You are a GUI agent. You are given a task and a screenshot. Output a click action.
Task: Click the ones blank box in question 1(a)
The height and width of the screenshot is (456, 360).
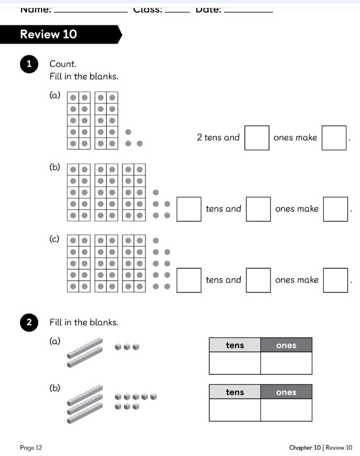click(x=257, y=137)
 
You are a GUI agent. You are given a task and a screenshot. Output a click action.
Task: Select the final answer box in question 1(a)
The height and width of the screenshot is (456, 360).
click(x=334, y=137)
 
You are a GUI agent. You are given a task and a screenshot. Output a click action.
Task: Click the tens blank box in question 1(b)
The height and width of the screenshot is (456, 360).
click(x=189, y=209)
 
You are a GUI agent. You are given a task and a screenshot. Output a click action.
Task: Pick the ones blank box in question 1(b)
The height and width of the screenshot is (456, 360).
click(x=258, y=209)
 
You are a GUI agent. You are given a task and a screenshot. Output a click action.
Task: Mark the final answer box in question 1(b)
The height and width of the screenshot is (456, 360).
click(x=336, y=209)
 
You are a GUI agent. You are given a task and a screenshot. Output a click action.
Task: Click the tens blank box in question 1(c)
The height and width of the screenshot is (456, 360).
click(x=189, y=280)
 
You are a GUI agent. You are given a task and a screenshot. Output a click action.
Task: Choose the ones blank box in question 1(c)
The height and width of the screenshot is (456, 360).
click(x=258, y=280)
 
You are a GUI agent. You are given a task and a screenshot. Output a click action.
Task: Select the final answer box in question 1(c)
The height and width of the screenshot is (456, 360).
click(x=336, y=280)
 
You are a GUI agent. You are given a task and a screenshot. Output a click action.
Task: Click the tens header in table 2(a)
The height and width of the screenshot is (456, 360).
click(x=234, y=345)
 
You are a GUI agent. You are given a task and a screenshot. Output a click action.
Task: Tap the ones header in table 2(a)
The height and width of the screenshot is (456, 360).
click(x=286, y=345)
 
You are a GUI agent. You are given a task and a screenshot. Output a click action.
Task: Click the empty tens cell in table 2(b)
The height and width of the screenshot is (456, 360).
click(x=234, y=410)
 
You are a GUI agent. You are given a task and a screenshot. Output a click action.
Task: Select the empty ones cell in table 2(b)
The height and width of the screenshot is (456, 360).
click(x=286, y=410)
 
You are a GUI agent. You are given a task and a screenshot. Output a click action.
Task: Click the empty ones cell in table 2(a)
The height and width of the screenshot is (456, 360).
click(x=286, y=363)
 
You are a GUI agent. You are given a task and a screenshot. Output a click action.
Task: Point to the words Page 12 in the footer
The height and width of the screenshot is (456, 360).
click(x=31, y=447)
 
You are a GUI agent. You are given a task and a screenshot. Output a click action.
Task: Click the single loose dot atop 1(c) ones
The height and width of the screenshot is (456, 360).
click(x=156, y=240)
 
